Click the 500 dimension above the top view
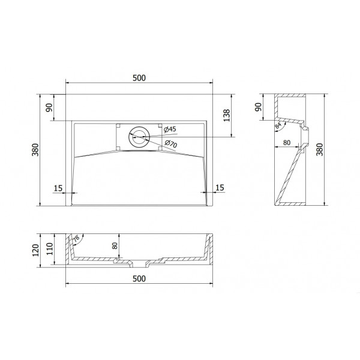pos(139,78)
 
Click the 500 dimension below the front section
pos(139,279)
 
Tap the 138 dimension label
pos(227,115)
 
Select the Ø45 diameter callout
pos(170,129)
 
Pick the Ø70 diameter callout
pos(171,144)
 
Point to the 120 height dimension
pos(35,250)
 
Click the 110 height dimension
pos(50,249)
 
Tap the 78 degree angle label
pos(76,238)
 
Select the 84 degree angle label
pos(278,125)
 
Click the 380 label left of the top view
pos(35,149)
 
